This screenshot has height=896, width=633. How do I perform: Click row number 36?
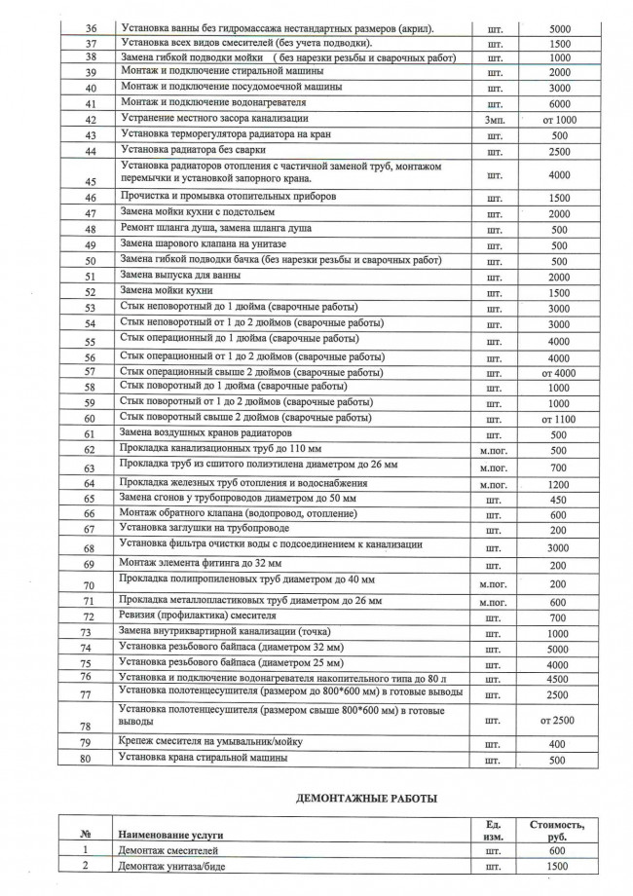point(90,29)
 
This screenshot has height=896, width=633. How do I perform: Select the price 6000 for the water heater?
point(559,104)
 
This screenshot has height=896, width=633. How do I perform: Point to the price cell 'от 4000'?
point(559,372)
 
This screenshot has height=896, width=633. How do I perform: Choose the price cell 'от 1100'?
point(559,419)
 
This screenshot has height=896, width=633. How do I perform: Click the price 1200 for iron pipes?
point(559,484)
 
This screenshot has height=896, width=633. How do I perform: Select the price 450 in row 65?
point(559,500)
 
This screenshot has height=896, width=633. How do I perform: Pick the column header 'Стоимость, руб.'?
point(559,830)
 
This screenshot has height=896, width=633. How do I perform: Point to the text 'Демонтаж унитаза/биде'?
point(178,866)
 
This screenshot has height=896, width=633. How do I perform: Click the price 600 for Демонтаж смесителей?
point(559,850)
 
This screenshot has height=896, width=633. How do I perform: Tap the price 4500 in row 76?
point(559,679)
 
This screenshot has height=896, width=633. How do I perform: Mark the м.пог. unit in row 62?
point(493,450)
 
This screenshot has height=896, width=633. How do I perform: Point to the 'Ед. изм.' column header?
point(493,830)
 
